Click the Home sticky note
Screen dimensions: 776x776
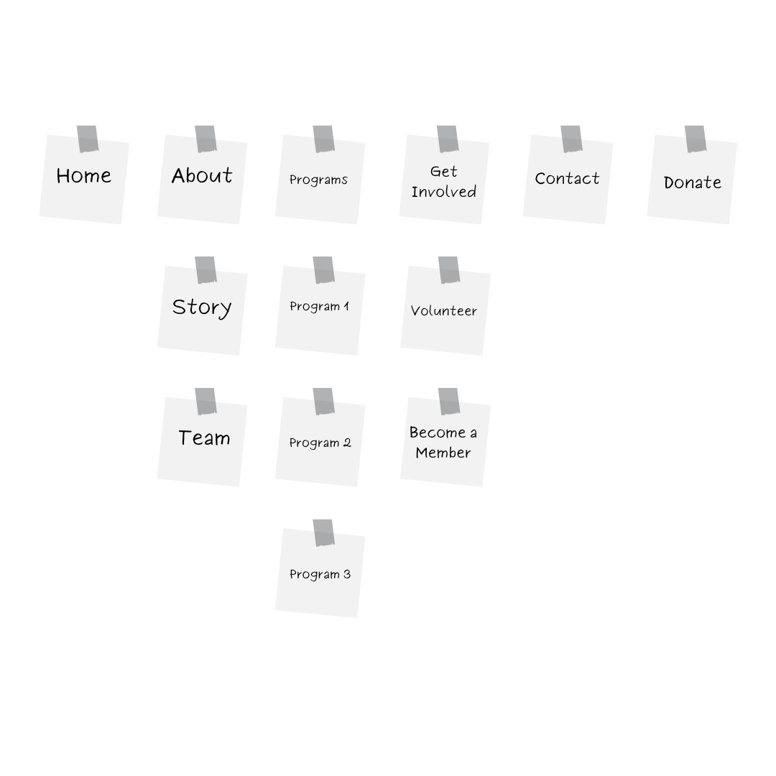coord(84,179)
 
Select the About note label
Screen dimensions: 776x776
coord(202,176)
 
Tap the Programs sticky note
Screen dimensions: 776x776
coord(320,179)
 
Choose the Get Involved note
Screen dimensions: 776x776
coord(445,179)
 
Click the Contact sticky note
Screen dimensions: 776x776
coord(568,179)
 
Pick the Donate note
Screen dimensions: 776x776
coord(692,179)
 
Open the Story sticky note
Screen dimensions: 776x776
coord(203,310)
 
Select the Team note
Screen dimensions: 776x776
coord(203,441)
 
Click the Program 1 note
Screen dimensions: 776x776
coord(320,310)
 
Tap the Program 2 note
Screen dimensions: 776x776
coord(320,441)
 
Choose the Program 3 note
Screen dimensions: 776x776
coord(320,573)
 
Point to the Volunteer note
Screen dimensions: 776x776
coord(445,310)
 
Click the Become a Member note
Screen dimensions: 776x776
coord(445,441)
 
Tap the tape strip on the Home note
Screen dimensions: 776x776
coord(88,139)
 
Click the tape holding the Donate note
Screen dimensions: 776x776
coord(696,139)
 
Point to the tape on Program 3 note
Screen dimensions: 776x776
coord(323,533)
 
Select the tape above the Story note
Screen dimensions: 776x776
coord(206,270)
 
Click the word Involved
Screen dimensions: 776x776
coord(444,192)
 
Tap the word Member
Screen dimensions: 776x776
coord(443,453)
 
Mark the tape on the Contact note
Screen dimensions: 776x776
coord(572,139)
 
